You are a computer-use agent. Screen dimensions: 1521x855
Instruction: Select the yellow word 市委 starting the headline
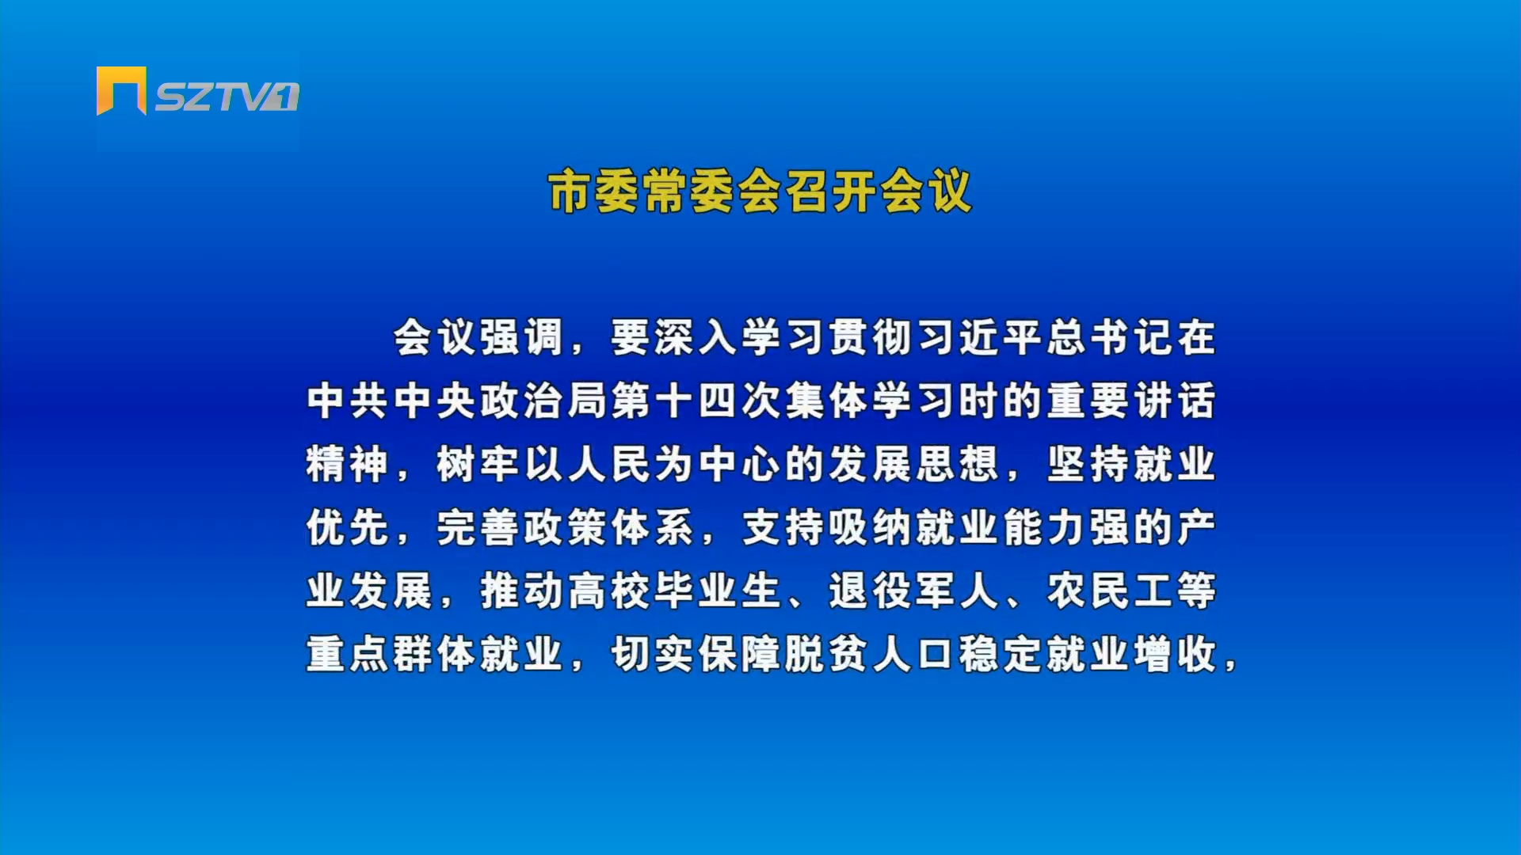(x=594, y=192)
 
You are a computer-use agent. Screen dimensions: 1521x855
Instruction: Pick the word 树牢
(x=478, y=464)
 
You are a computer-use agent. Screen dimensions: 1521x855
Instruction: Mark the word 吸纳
(x=871, y=527)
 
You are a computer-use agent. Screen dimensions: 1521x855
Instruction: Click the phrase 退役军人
(x=914, y=591)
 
